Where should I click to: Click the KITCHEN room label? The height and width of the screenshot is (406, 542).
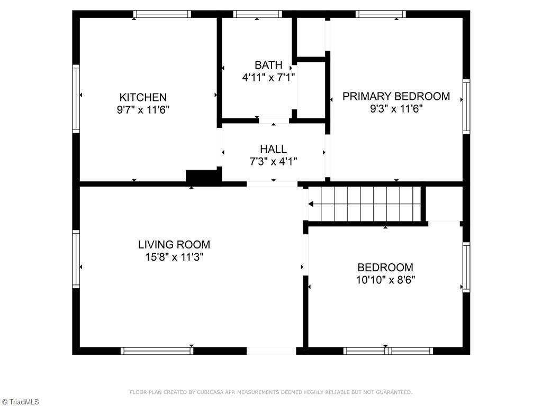[x=143, y=97]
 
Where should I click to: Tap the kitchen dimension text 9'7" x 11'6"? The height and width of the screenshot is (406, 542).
[x=143, y=110]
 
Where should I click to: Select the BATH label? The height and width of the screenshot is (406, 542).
[x=268, y=65]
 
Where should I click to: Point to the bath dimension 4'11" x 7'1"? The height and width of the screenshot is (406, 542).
[x=268, y=77]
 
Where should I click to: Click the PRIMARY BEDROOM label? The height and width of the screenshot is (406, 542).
[x=396, y=96]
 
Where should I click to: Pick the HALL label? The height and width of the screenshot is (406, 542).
[x=273, y=149]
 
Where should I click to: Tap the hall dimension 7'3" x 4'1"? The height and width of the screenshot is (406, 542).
[x=273, y=162]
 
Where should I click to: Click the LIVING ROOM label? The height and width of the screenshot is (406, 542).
[x=174, y=245]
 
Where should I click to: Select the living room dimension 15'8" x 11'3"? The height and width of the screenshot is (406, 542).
[x=174, y=257]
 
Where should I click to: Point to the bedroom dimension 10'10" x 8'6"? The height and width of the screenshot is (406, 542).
[x=385, y=280]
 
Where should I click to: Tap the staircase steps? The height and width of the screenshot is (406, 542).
[x=371, y=204]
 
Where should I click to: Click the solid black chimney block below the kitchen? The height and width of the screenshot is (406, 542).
[x=202, y=177]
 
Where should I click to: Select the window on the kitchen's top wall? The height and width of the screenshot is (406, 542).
[x=162, y=14]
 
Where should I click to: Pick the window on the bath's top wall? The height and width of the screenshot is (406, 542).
[x=257, y=14]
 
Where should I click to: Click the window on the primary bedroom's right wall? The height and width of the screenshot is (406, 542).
[x=466, y=106]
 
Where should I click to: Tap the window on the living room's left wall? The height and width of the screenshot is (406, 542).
[x=76, y=259]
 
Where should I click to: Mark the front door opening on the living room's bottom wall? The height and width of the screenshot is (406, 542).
[x=271, y=350]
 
